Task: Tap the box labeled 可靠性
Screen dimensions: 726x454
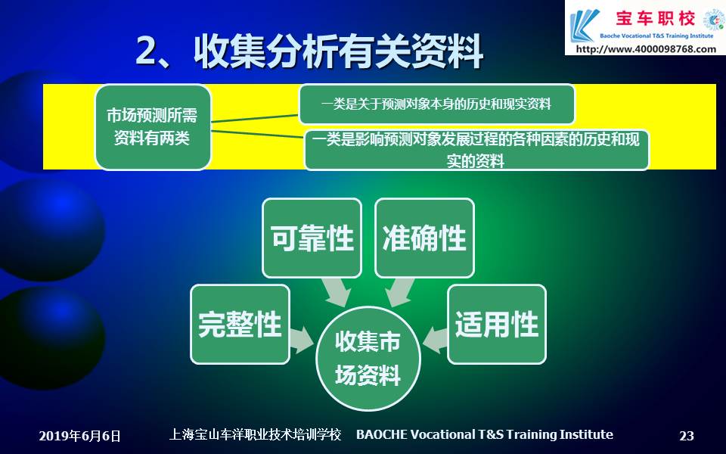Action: [x=312, y=238]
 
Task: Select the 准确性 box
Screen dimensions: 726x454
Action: [x=424, y=238]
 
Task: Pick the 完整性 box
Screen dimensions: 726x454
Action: [x=240, y=325]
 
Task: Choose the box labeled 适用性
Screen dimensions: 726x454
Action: [x=497, y=325]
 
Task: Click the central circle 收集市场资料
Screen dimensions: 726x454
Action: [x=368, y=358]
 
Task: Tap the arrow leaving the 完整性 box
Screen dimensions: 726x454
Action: [x=302, y=340]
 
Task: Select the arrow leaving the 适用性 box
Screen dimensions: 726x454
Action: [x=435, y=340]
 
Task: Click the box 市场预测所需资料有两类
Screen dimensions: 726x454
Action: [x=153, y=127]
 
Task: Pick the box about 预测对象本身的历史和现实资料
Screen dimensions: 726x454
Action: [x=436, y=104]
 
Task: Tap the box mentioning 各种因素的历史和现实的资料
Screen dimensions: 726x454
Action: [x=476, y=150]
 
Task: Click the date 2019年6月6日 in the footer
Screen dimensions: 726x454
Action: [x=79, y=436]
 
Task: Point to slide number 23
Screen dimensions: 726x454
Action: [x=687, y=436]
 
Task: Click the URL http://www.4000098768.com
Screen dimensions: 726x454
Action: [x=646, y=48]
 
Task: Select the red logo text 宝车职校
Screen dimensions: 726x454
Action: [x=655, y=18]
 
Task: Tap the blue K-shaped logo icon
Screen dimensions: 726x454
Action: [x=584, y=26]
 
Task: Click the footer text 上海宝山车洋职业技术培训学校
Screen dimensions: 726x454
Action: [x=255, y=434]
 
